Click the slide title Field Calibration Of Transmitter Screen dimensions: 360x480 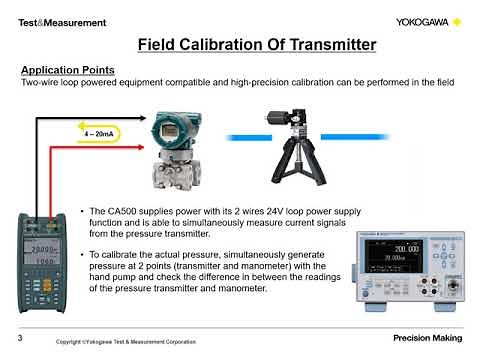[x=256, y=44]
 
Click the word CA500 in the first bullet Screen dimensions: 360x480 [x=117, y=212]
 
